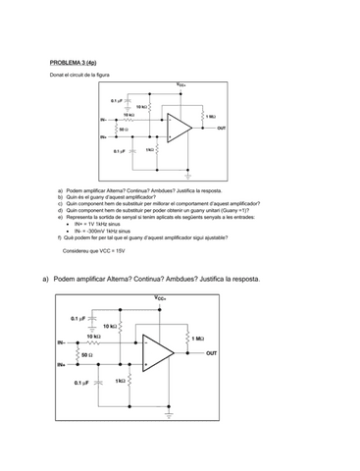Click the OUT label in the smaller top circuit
tap(221, 128)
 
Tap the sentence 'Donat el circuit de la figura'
tap(84, 75)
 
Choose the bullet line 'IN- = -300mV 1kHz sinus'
tap(109, 231)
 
